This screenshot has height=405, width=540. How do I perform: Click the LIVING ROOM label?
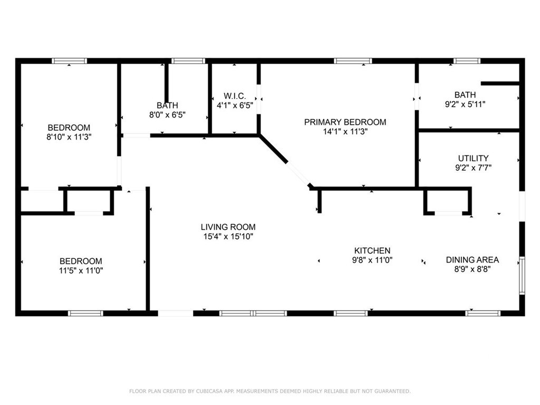[228, 227]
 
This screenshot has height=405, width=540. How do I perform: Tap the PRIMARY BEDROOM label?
[345, 122]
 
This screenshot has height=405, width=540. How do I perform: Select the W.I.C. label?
[235, 96]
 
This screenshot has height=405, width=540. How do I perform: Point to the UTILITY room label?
[473, 158]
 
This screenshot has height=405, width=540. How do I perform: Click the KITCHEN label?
[372, 250]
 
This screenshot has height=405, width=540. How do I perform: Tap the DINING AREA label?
[472, 259]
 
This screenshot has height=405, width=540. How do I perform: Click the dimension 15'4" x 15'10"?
[228, 236]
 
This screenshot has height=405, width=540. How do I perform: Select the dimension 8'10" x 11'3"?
[69, 137]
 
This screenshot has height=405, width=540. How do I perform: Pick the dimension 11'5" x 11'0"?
[81, 271]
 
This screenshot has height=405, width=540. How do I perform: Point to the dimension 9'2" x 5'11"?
[465, 104]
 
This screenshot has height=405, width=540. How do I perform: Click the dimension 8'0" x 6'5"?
[167, 114]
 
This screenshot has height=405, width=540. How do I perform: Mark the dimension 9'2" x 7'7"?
[473, 168]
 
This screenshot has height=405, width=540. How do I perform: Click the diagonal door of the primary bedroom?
[298, 174]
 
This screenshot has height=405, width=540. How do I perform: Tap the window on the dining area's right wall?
[522, 275]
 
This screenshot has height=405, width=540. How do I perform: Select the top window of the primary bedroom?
[353, 61]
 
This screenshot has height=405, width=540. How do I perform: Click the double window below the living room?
[253, 313]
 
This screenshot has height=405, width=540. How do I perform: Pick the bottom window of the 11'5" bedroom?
[85, 313]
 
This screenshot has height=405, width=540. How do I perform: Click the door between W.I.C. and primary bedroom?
[258, 99]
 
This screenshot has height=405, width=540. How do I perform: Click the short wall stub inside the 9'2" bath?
[500, 83]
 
